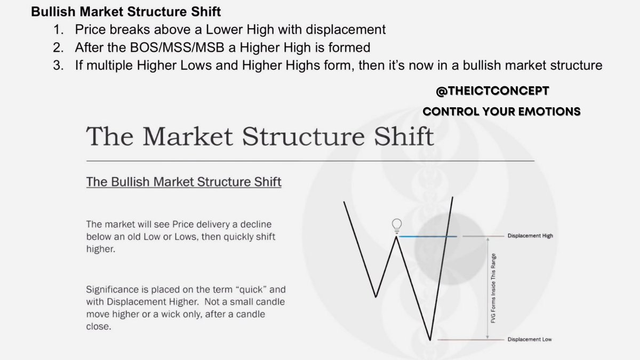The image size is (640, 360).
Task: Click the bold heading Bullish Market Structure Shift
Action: click(126, 11)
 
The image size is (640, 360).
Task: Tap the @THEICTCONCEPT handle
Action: click(492, 92)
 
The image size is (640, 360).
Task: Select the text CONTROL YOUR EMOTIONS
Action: click(501, 112)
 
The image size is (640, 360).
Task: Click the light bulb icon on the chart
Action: click(396, 225)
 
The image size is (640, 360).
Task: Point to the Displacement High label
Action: click(530, 236)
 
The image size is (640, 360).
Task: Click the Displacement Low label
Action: click(530, 340)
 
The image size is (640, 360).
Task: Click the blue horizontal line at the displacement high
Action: click(427, 236)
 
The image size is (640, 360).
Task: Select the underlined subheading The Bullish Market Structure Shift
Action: click(183, 182)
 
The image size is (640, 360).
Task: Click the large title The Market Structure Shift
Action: click(260, 137)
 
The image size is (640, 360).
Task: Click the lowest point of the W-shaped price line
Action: click(429, 338)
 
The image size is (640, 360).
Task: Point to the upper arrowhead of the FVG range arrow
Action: click(487, 241)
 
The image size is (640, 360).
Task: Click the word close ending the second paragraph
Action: click(98, 327)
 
